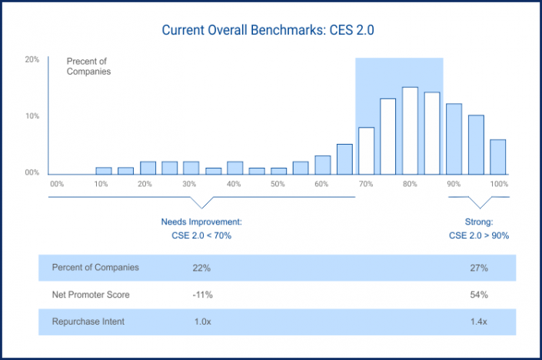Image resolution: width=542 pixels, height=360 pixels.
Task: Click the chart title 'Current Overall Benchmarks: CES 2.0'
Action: point(268,31)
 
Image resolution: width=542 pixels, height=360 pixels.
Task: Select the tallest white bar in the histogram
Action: point(410,130)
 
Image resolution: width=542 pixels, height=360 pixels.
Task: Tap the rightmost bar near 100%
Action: point(498,156)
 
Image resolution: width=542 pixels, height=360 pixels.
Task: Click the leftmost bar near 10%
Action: point(104,170)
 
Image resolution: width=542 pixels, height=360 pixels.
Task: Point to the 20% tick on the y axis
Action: point(32,59)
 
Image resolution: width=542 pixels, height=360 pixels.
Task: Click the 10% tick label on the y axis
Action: point(32,116)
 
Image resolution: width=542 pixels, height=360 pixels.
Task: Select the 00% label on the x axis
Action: point(56,185)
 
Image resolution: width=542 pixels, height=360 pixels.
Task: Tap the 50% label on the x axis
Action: point(278,185)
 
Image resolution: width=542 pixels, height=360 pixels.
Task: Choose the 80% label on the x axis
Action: point(410,185)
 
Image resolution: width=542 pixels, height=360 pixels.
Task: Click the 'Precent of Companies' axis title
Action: point(89,66)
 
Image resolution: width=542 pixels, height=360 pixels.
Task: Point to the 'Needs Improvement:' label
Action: point(201,222)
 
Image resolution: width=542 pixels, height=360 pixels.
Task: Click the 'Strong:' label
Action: point(478,222)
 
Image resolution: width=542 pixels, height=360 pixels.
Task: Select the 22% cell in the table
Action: point(201,268)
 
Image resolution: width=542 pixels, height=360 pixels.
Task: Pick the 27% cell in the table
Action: point(478,268)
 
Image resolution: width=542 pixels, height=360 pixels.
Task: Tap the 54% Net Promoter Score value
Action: point(478,295)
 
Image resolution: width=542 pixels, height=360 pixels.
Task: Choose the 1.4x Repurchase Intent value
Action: point(478,322)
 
